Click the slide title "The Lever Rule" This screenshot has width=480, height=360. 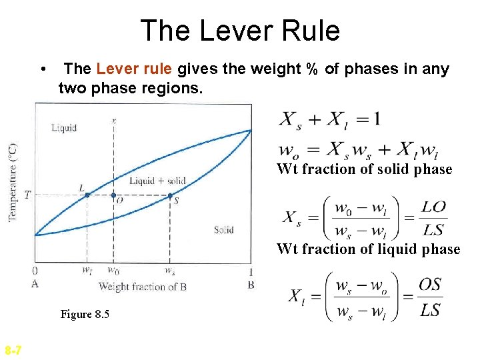coord(240,31)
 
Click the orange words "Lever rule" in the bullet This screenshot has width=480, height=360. coord(134,69)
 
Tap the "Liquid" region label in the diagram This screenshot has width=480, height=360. coord(64,127)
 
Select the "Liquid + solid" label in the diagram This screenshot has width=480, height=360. coord(157,181)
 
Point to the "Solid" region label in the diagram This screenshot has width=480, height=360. coord(223,230)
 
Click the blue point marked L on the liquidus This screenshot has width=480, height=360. coord(87,195)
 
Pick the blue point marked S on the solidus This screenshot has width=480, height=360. coord(170,195)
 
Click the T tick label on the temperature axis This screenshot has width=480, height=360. coord(27,195)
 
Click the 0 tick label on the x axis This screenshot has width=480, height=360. coord(35,271)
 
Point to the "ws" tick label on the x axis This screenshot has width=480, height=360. coord(171,271)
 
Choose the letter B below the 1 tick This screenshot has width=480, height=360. coord(251,285)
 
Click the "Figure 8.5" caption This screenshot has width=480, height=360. coord(85,314)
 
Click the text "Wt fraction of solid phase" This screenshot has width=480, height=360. coord(364,169)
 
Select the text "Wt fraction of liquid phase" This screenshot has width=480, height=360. coord(368,249)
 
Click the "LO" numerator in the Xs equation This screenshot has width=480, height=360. coord(433,207)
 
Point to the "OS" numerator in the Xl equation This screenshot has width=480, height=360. coord(430,285)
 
